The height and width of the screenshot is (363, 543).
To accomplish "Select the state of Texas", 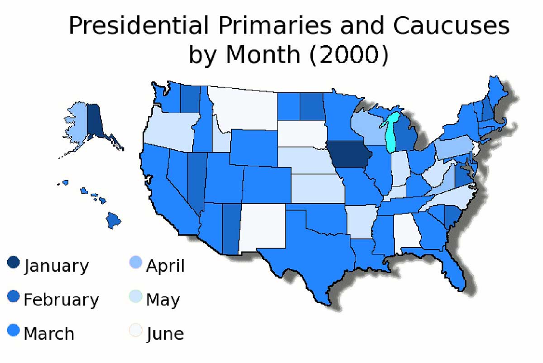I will tap(312, 253).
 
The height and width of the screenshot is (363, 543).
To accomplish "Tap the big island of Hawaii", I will tap(114, 220).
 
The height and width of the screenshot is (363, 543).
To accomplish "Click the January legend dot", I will tap(14, 263).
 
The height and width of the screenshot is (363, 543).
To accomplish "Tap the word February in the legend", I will tap(61, 300).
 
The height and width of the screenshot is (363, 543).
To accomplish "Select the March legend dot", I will tap(14, 331).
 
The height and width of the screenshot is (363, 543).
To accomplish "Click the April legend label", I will tap(165, 266).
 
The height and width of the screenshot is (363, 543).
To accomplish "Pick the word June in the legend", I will tap(165, 334).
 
